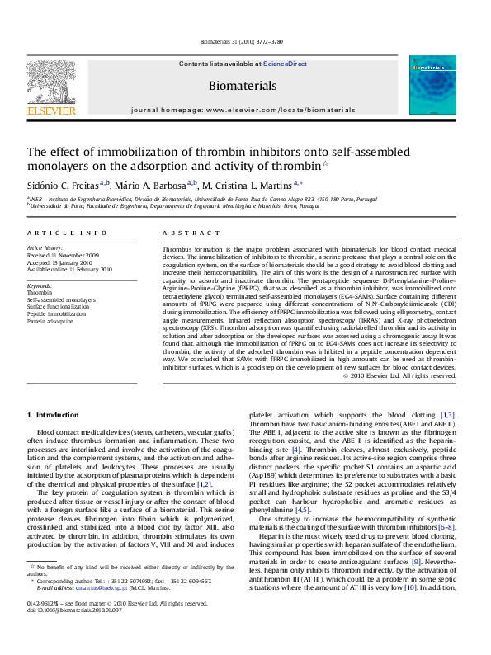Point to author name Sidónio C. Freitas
coord(61,186)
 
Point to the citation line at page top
coord(245,42)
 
